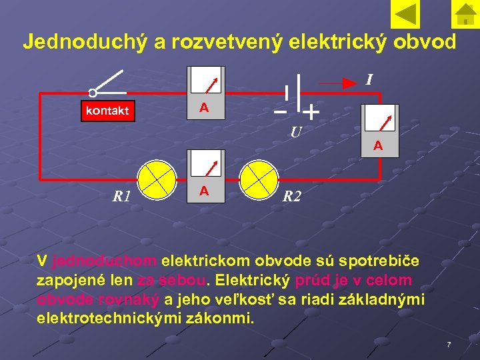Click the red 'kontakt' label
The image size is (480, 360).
pos(107,111)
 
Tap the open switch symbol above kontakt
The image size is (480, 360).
pos(109,83)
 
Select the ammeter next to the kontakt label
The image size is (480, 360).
pos(205,93)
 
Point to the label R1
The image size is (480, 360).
pos(121,197)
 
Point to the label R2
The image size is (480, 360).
pos(292,197)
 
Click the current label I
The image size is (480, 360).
pos(368,81)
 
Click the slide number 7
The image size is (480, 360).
pos(449,345)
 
